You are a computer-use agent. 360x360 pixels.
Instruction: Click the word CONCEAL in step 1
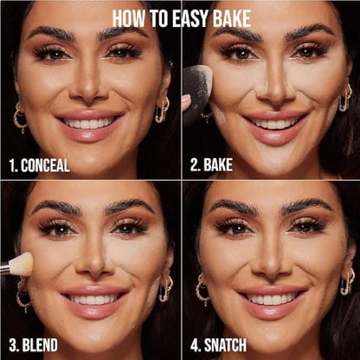45,165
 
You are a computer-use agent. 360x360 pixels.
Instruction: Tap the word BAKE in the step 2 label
218,164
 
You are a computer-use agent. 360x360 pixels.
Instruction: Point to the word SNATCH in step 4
226,345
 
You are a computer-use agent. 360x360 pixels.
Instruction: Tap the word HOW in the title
130,19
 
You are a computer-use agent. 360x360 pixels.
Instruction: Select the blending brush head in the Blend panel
22,265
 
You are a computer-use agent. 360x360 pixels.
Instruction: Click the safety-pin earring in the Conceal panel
162,111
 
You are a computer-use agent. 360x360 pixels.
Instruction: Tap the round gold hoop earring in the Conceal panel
20,117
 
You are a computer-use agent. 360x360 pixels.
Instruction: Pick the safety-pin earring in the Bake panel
345,98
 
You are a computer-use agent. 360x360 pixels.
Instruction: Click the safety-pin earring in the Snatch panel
347,282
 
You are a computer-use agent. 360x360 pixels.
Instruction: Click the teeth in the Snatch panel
272,299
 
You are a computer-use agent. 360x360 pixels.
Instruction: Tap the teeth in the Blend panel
95,299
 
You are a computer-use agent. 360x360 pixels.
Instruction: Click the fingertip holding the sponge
186,102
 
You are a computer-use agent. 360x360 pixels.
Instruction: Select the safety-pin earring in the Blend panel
165,288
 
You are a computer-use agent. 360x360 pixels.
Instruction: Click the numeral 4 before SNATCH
195,345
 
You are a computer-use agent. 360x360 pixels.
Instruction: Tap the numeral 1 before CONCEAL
12,166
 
